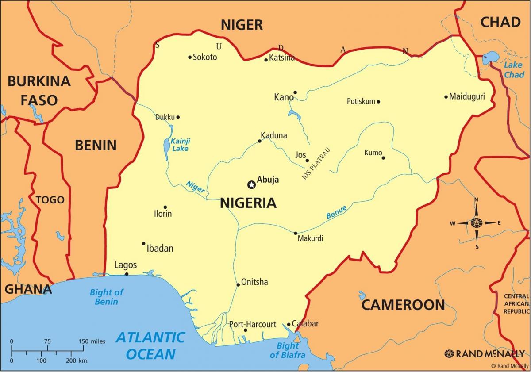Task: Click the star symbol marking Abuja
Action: point(251,184)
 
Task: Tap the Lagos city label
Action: point(126,265)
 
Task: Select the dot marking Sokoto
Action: point(190,57)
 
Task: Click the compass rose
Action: point(477,223)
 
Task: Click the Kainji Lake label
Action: point(180,145)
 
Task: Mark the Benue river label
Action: point(336,212)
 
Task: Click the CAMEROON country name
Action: point(403,305)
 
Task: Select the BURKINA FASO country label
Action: point(39,91)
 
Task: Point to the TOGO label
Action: point(50,200)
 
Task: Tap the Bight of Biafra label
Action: point(288,350)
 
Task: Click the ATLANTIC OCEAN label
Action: point(150,345)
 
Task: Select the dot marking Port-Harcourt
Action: point(246,330)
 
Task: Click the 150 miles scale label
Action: point(92,341)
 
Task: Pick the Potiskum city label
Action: point(361,101)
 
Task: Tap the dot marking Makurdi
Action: point(296,233)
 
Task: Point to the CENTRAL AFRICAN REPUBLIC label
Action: point(516,303)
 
